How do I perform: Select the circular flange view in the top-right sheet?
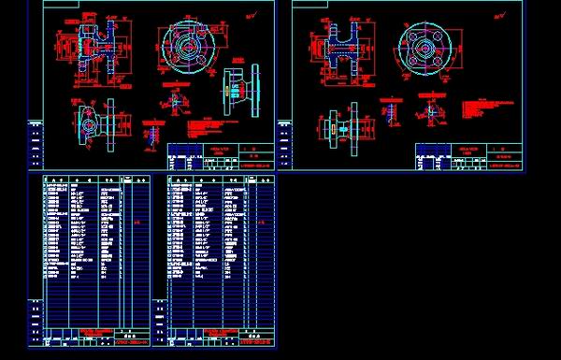425,48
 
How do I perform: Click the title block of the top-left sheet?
221,156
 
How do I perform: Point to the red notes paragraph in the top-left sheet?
206,127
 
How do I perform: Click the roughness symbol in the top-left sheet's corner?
250,15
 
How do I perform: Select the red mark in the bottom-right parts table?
260,223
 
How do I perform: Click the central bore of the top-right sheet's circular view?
425,48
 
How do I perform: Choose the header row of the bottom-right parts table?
213,178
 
